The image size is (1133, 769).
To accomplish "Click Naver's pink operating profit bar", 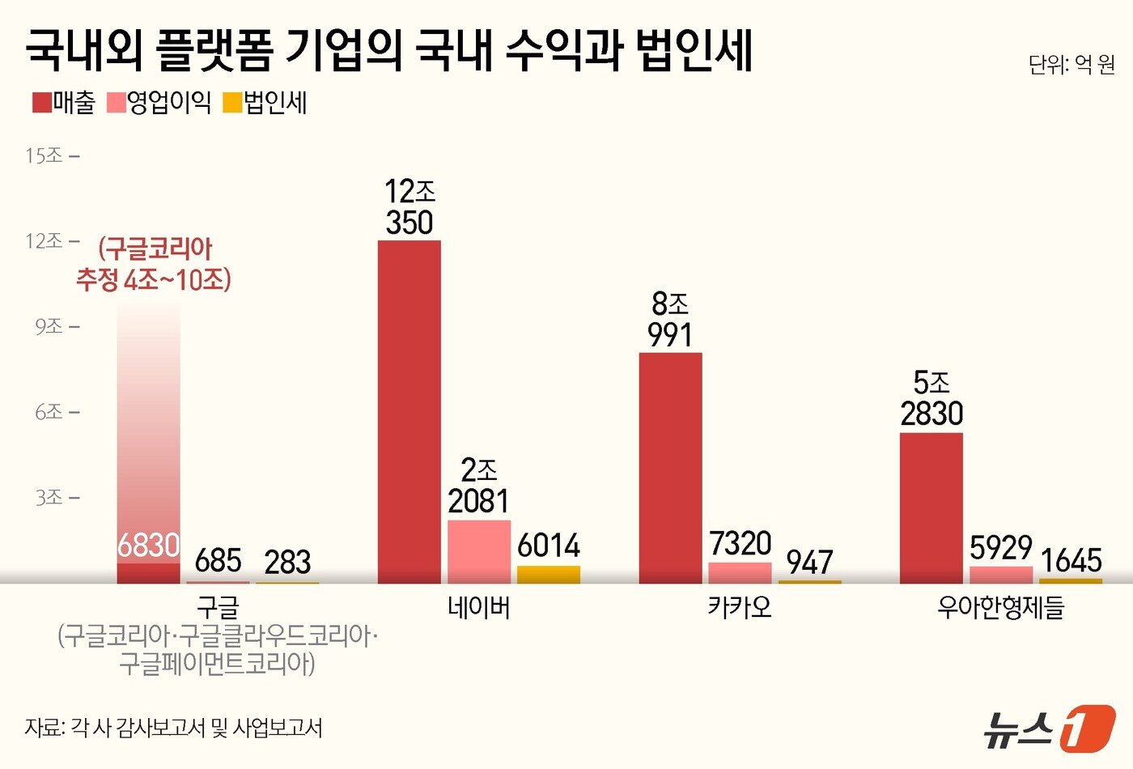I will click(479, 551).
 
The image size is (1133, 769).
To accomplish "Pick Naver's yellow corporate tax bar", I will click(549, 575).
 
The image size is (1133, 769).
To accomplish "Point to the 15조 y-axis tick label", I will click(45, 155).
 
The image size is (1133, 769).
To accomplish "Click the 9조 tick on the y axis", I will click(49, 326).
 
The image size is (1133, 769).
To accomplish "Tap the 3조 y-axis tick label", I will click(49, 497).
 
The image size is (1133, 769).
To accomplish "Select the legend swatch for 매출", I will click(42, 103).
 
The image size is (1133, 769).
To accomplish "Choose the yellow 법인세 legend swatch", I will click(233, 103).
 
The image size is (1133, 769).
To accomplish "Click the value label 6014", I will click(549, 546).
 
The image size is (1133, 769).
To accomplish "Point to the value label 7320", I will click(740, 543).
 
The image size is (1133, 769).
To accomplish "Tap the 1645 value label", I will click(1071, 560).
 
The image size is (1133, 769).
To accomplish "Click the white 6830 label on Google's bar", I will click(148, 546).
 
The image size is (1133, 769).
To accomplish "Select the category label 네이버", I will click(479, 607).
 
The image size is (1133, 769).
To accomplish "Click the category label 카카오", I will click(740, 607).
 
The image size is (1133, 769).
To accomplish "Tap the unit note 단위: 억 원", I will click(1071, 65).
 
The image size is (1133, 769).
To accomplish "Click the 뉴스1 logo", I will click(1049, 729).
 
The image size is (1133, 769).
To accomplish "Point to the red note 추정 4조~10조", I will click(154, 280).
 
